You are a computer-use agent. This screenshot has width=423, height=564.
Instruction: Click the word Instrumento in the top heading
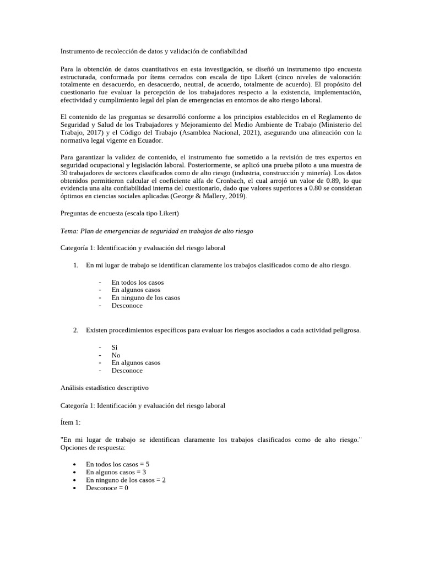(78, 51)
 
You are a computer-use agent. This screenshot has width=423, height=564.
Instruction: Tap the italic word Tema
(69, 232)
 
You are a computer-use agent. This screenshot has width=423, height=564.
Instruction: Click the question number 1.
(75, 265)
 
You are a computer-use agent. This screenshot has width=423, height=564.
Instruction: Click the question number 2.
(75, 330)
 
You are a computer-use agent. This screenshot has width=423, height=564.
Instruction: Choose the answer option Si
(115, 348)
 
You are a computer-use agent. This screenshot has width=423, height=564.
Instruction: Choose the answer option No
(116, 355)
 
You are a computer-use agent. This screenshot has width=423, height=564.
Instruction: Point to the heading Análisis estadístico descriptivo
(104, 388)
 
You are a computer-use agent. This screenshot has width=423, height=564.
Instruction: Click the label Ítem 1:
(70, 422)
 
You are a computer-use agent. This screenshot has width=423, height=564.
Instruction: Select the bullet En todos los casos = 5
(117, 464)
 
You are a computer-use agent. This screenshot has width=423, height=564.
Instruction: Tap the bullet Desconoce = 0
(107, 487)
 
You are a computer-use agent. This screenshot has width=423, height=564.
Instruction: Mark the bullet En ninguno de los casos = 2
(127, 480)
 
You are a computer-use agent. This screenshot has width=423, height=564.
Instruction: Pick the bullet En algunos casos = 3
(116, 472)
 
